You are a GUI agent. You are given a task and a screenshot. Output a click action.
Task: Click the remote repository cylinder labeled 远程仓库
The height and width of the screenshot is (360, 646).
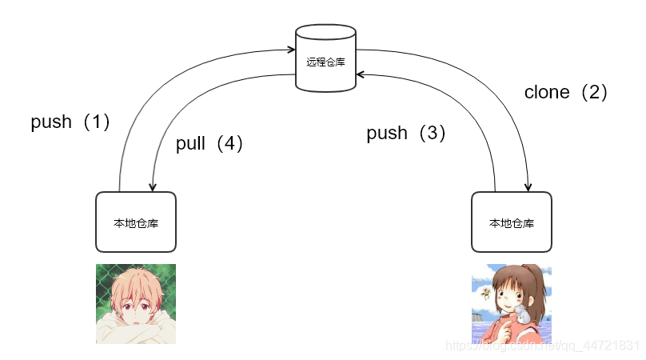[325, 59]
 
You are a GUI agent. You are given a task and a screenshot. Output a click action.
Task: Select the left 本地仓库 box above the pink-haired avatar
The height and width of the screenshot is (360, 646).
[136, 222]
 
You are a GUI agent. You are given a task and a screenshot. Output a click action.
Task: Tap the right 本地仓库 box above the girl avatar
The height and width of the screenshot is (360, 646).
[511, 222]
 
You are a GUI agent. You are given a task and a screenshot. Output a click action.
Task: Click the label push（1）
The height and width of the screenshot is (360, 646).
[70, 122]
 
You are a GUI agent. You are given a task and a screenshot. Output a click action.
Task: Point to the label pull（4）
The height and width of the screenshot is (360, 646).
[209, 144]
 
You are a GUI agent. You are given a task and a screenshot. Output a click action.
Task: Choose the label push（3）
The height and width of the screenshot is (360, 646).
[406, 134]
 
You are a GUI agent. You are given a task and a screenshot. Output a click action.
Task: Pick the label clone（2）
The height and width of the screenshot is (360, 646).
[567, 92]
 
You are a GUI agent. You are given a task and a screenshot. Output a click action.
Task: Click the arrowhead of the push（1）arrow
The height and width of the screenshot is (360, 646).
[291, 50]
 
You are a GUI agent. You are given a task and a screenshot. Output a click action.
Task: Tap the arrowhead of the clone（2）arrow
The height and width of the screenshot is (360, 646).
[528, 187]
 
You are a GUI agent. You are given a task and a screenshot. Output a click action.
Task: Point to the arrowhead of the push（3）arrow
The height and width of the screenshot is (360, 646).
[361, 74]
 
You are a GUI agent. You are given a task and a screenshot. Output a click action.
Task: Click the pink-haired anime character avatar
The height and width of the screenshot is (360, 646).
[136, 304]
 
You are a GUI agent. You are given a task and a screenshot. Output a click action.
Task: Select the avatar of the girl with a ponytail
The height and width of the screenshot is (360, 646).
[511, 304]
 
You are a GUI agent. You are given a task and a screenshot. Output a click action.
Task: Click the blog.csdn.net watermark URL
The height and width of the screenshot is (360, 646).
[544, 346]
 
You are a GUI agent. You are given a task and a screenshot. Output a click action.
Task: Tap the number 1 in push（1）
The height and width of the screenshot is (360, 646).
[96, 122]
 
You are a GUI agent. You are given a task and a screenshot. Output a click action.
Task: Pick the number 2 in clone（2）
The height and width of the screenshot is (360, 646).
[593, 92]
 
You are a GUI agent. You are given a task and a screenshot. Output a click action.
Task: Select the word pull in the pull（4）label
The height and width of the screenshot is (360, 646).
[191, 144]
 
